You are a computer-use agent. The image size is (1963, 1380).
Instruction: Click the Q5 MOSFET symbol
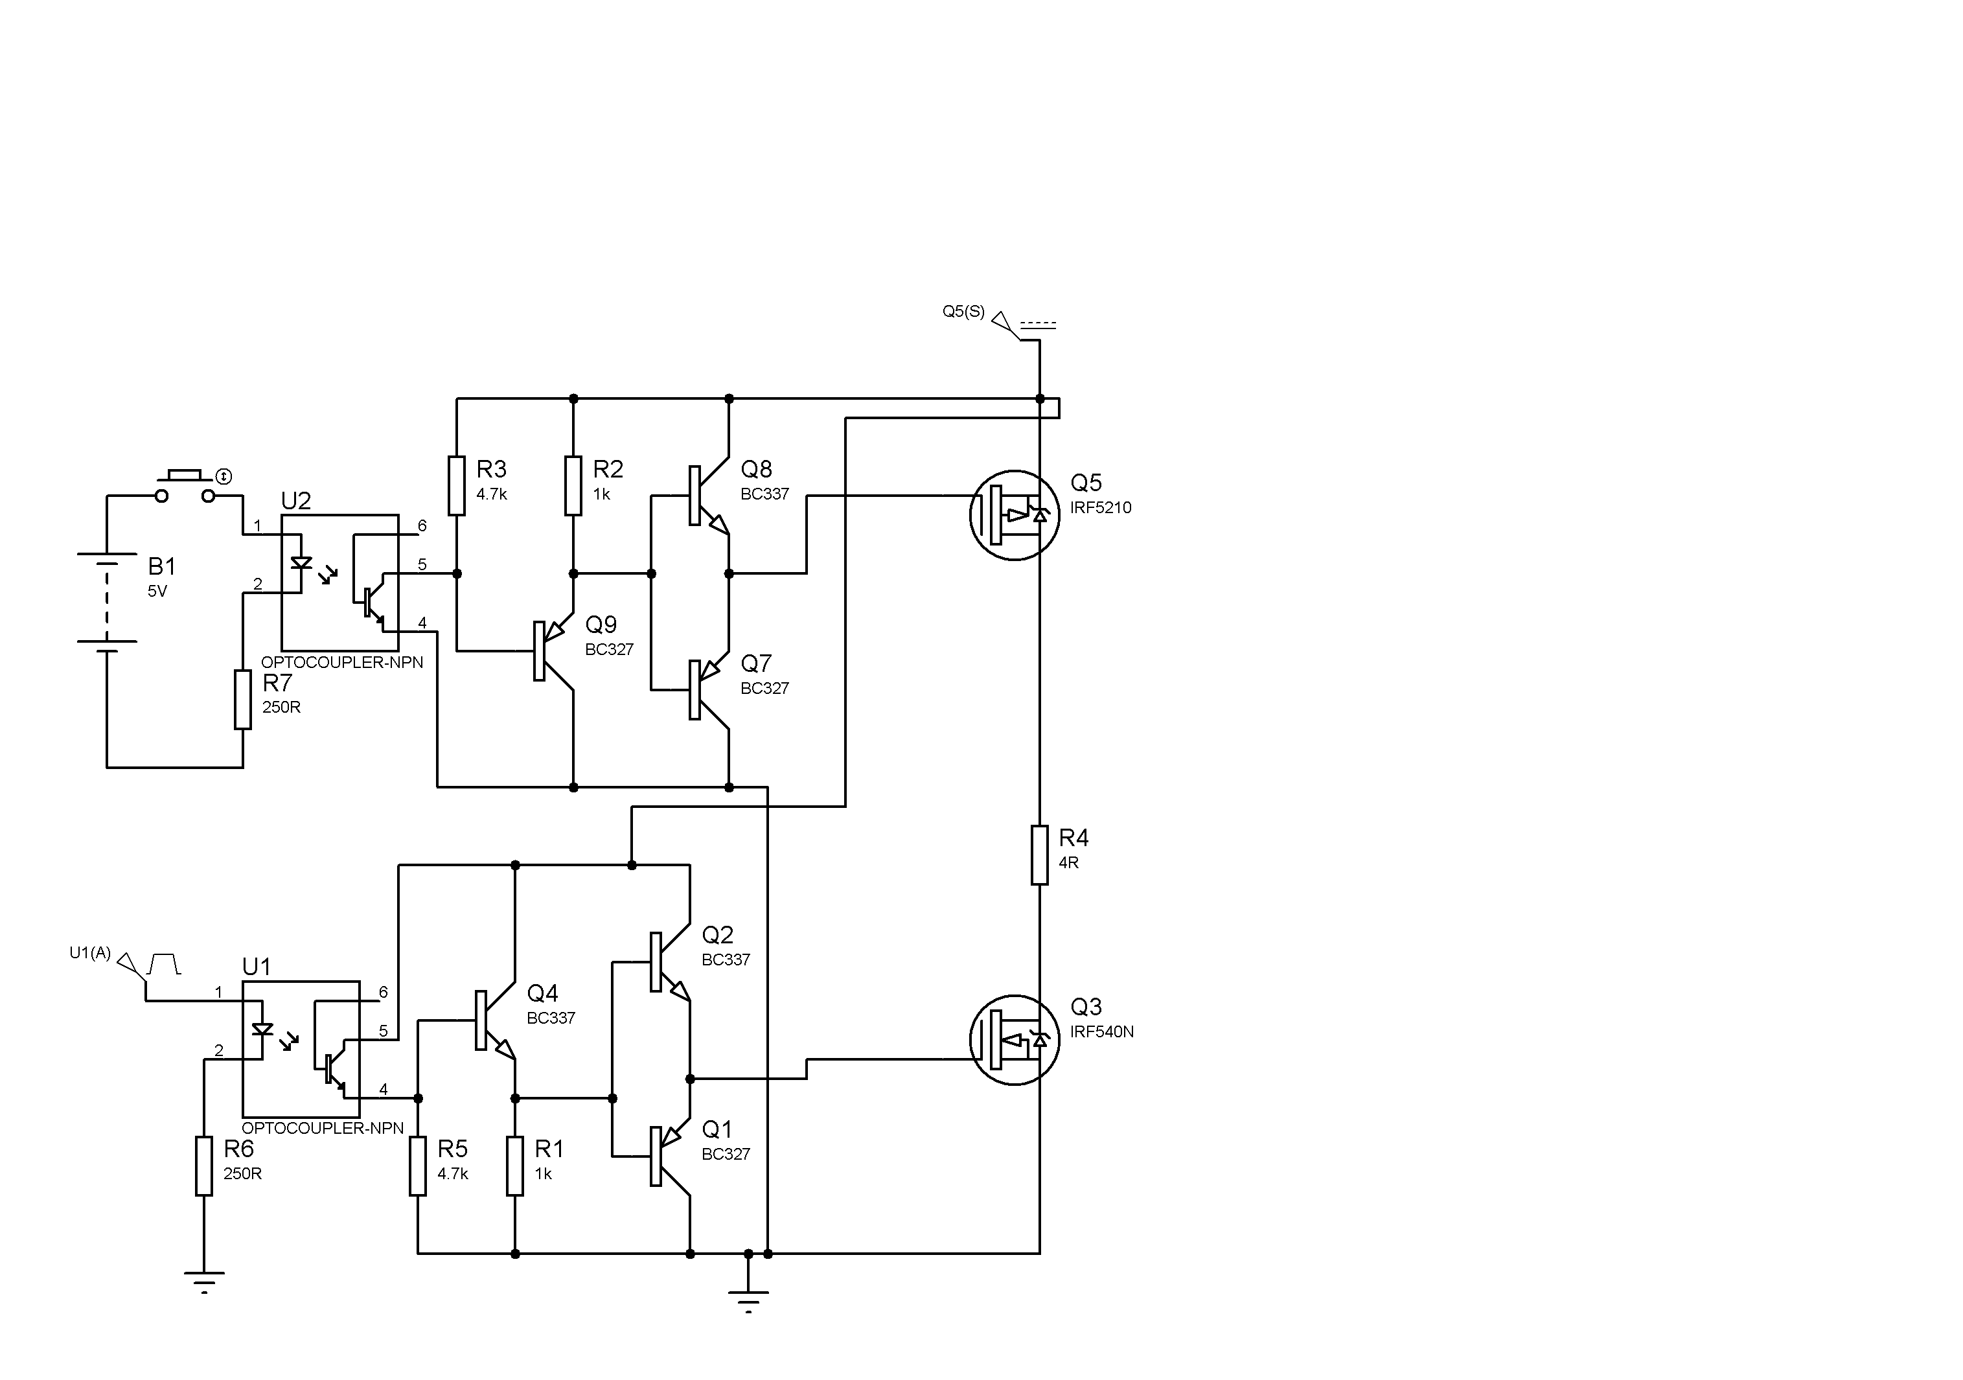pos(1014,514)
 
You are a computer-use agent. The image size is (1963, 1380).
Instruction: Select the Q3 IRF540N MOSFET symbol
pos(1014,1040)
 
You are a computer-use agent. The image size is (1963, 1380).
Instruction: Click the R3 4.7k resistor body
pos(457,486)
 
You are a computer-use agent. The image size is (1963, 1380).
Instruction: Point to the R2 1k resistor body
pos(573,486)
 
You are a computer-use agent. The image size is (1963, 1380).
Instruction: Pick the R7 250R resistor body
pos(243,700)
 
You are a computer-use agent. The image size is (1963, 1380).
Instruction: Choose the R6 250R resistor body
pos(203,1166)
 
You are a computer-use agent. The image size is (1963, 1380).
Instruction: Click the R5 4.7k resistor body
pos(417,1166)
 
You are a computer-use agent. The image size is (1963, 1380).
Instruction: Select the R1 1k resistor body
pos(514,1166)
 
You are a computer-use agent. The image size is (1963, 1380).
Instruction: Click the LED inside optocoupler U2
pos(301,562)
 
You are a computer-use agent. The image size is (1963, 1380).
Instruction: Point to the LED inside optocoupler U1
pos(262,1029)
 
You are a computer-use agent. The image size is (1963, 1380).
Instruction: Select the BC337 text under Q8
pos(764,494)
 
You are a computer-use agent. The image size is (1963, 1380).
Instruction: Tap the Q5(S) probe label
pos(963,311)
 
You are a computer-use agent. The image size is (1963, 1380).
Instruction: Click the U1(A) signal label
pos(90,952)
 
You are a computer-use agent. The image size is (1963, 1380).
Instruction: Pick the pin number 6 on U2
pos(422,526)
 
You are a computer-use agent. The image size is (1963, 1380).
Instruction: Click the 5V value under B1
pos(157,591)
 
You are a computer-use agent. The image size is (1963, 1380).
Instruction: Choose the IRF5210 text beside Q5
pos(1100,508)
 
